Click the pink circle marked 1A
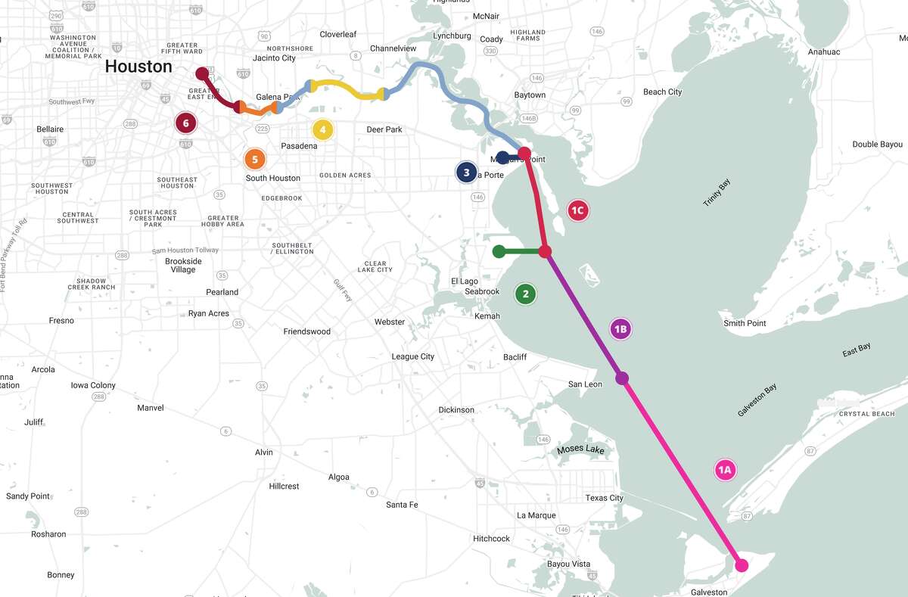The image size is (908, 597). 725,470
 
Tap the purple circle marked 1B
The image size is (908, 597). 620,328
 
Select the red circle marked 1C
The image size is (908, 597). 578,210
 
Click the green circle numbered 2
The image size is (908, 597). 525,294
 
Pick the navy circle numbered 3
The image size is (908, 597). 466,173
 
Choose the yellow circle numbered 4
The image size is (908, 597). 322,130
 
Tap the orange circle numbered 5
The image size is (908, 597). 255,159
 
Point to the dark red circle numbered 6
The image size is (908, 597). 185,123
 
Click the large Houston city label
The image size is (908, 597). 138,67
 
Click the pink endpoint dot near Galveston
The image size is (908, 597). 742,565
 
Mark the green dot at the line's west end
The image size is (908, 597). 498,251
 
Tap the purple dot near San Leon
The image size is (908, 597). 622,378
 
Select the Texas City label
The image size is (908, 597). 604,498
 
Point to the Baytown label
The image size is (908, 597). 530,95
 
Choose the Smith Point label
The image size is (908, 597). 745,323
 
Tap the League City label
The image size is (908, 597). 412,356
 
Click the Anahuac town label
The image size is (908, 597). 824,52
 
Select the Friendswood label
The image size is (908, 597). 306,331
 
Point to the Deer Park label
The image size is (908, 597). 384,129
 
